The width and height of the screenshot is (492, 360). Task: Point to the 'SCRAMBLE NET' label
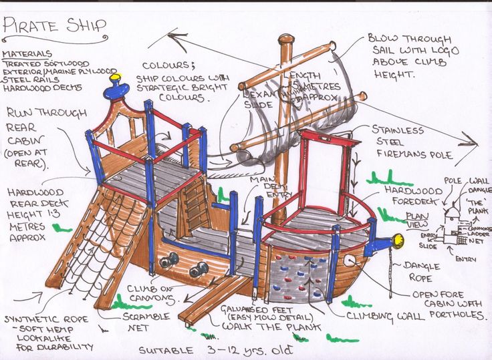(144, 323)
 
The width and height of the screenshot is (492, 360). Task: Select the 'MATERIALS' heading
(27, 53)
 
